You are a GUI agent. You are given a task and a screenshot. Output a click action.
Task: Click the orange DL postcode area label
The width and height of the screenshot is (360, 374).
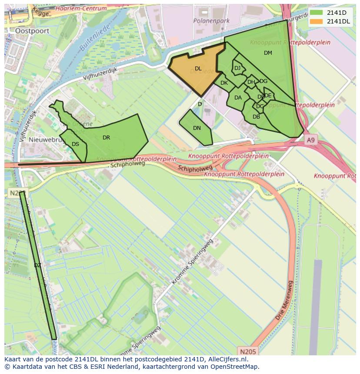[x=198, y=69]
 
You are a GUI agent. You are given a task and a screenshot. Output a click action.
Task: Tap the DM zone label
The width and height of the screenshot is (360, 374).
[x=268, y=53]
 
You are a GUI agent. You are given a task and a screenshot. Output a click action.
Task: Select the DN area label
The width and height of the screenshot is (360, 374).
[x=197, y=128]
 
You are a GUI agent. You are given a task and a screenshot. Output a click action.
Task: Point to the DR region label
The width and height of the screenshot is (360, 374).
[x=106, y=138]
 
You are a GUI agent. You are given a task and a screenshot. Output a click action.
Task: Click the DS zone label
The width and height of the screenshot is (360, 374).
[x=75, y=144]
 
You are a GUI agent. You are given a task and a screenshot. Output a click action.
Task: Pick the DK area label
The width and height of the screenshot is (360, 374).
[x=224, y=83]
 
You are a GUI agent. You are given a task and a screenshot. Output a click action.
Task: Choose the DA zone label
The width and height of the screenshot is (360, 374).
[x=238, y=98]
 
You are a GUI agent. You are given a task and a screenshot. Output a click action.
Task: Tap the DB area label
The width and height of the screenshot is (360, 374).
[x=256, y=117]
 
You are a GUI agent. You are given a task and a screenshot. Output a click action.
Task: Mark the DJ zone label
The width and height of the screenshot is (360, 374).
[x=237, y=68]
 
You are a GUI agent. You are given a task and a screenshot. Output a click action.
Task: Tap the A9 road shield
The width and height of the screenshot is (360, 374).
[x=310, y=140]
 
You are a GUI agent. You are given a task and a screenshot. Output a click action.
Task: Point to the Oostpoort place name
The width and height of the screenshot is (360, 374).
[x=31, y=31]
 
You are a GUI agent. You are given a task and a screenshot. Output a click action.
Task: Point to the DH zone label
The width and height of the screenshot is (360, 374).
[x=251, y=82]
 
